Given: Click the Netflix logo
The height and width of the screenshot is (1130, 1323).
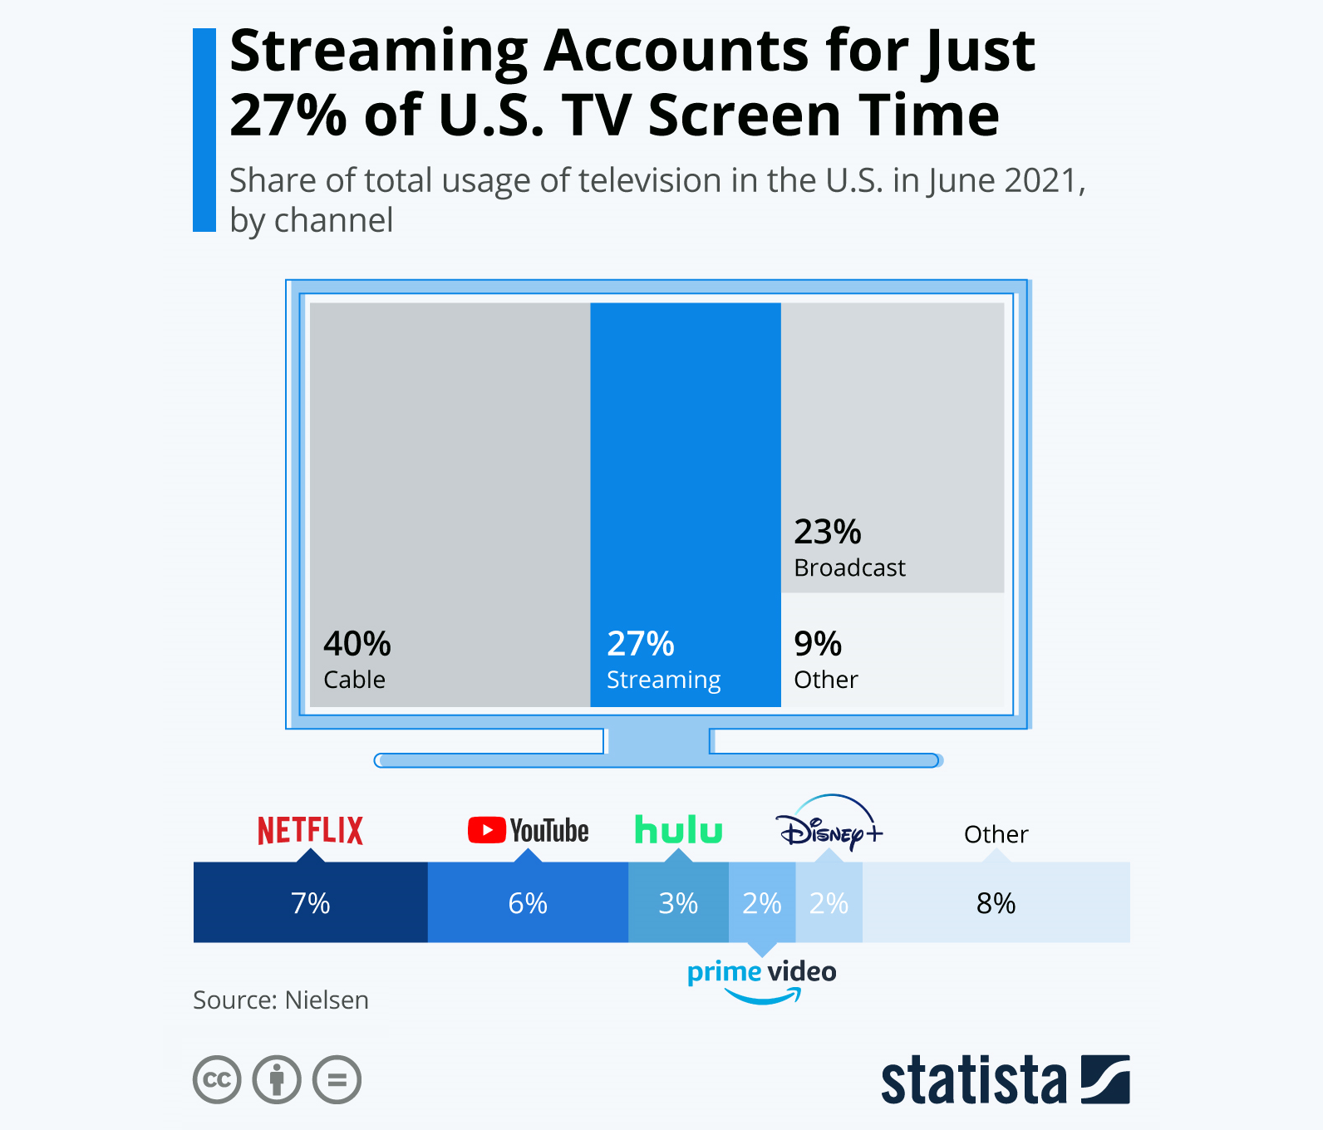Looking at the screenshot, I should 310,830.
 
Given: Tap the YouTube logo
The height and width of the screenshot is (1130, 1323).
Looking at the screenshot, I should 529,830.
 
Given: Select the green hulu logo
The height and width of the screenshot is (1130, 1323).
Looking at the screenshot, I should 678,829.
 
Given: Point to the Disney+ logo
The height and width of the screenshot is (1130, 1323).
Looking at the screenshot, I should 829,824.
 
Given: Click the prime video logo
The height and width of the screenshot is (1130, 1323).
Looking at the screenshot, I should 761,978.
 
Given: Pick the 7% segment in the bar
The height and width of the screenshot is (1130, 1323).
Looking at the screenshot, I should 310,902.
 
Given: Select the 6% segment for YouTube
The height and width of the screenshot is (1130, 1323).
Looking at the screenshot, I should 528,902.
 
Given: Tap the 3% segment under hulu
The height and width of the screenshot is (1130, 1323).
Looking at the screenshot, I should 678,902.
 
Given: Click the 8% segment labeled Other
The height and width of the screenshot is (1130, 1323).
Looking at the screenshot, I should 996,902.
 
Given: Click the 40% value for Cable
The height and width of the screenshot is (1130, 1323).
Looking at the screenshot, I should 357,644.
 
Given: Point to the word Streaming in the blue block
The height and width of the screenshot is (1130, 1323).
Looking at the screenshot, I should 663,680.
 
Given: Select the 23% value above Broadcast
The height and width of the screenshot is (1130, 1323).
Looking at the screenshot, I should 828,532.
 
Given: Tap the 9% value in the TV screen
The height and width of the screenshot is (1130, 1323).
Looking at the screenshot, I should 818,644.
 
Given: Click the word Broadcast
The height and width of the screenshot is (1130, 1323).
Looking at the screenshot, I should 849,567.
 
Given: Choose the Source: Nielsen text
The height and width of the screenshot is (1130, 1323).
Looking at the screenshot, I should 281,1000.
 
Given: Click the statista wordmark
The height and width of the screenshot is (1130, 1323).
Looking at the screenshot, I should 974,1080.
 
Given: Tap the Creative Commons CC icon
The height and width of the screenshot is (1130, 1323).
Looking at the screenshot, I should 217,1079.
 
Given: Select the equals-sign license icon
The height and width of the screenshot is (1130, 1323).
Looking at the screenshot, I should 337,1079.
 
